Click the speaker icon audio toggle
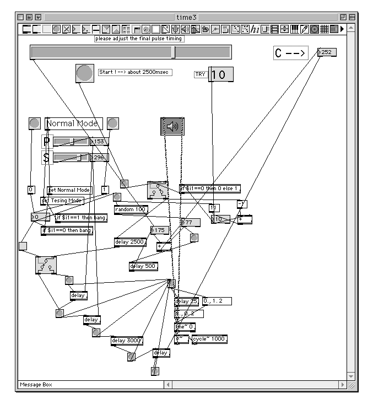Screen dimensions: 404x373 pyautogui.click(x=172, y=126)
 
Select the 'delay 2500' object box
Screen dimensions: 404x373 pyautogui.click(x=129, y=241)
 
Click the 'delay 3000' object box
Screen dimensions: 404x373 pyautogui.click(x=127, y=340)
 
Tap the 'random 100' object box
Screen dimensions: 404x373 pyautogui.click(x=131, y=209)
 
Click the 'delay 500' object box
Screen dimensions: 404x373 pyautogui.click(x=143, y=267)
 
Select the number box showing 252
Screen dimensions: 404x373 pyautogui.click(x=327, y=52)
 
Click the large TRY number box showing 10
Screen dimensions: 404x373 pyautogui.click(x=221, y=74)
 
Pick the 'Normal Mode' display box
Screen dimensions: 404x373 pyautogui.click(x=73, y=123)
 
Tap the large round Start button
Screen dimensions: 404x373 pyautogui.click(x=85, y=73)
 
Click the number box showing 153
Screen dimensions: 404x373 pyautogui.click(x=99, y=142)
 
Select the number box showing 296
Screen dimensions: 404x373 pyautogui.click(x=99, y=158)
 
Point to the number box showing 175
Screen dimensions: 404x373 pyautogui.click(x=159, y=230)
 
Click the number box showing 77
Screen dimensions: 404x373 pyautogui.click(x=191, y=222)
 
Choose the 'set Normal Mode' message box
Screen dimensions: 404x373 pyautogui.click(x=69, y=190)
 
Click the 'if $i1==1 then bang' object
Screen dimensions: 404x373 pyautogui.click(x=81, y=218)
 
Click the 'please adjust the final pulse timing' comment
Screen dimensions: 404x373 pyautogui.click(x=139, y=39)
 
